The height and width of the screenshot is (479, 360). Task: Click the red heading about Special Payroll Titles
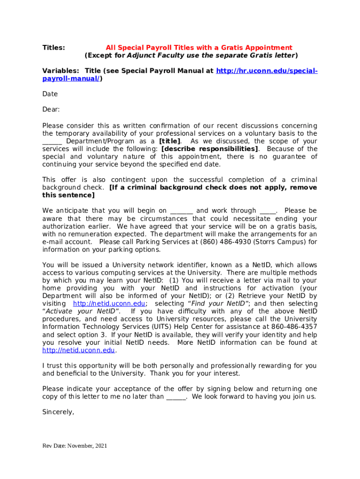(x=199, y=47)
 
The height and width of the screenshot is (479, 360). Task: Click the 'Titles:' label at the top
(x=54, y=47)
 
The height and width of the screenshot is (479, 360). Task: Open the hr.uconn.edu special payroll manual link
(x=266, y=71)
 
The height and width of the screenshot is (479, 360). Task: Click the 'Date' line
(x=50, y=94)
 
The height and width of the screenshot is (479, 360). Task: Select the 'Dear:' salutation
(x=51, y=109)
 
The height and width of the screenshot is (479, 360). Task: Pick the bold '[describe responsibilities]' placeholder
(x=210, y=149)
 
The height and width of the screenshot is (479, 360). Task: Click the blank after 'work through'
(x=268, y=211)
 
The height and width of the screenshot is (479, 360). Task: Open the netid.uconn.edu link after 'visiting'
(x=109, y=304)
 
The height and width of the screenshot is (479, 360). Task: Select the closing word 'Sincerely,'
(x=58, y=413)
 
